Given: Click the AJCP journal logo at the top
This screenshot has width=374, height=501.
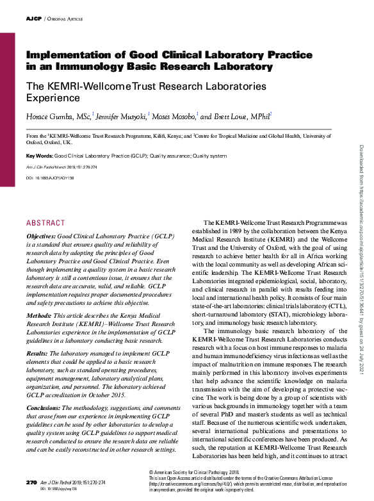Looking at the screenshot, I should click(x=33, y=19).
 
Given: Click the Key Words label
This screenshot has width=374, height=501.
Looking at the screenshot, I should click(x=39, y=156).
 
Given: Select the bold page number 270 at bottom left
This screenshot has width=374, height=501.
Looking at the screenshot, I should click(x=31, y=482).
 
